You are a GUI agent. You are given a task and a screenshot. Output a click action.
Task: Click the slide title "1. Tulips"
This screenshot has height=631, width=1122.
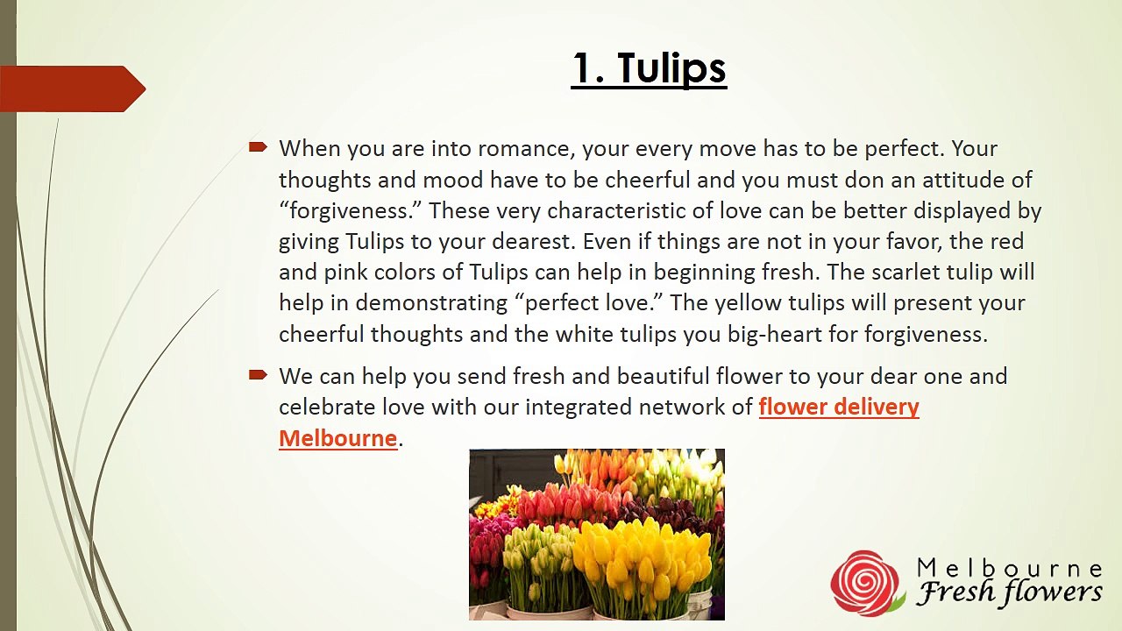(x=649, y=68)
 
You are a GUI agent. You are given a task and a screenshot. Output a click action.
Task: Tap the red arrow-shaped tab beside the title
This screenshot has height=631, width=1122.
(x=72, y=89)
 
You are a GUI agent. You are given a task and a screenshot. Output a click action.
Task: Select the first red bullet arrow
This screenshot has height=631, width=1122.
(x=258, y=147)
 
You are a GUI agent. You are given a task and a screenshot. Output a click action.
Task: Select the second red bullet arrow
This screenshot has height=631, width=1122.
(x=258, y=375)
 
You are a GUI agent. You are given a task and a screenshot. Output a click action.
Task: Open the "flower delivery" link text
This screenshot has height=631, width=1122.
(x=839, y=408)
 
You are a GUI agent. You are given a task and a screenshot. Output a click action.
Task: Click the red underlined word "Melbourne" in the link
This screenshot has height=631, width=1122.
(x=338, y=438)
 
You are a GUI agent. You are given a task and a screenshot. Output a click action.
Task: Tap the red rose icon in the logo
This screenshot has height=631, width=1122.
(x=866, y=582)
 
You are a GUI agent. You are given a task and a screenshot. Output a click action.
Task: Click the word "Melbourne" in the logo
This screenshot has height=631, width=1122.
(x=1009, y=568)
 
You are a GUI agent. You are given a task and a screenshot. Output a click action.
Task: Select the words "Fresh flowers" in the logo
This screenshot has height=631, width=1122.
(x=1009, y=593)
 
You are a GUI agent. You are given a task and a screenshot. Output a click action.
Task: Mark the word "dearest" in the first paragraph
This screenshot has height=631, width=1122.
(x=503, y=241)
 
